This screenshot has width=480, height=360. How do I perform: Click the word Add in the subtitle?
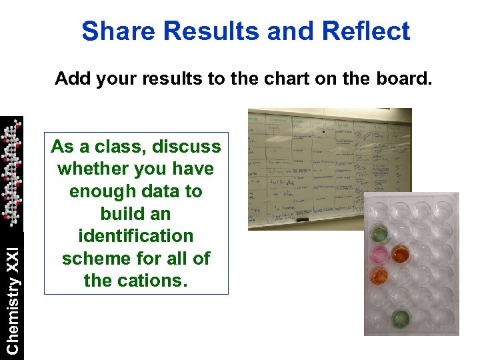[71, 79]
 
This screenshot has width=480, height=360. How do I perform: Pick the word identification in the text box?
[136, 236]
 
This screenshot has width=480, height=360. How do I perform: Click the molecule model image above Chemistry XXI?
[11, 173]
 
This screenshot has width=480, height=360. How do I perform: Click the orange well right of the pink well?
[401, 255]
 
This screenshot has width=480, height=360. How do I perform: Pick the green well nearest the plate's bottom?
[401, 317]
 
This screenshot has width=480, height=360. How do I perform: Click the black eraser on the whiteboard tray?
[302, 219]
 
